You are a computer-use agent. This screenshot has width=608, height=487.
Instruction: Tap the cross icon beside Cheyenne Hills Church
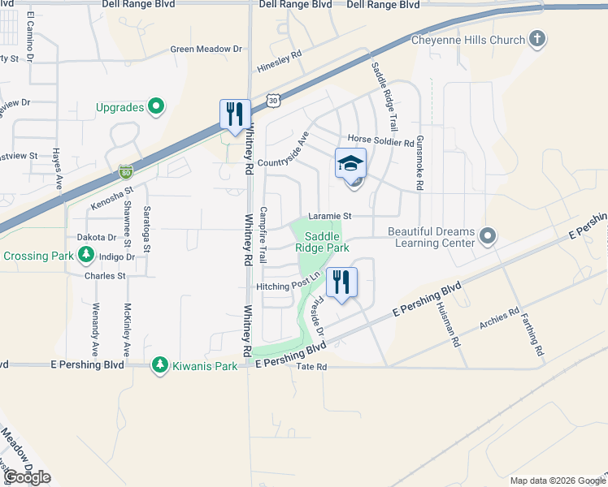[536, 39]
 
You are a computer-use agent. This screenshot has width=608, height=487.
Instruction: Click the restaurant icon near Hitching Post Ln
[342, 283]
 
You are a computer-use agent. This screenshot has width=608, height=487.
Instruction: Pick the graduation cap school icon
[351, 164]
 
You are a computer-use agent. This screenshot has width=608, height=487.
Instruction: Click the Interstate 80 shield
[125, 171]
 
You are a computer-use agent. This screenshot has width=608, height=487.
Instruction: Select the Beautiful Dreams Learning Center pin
[488, 236]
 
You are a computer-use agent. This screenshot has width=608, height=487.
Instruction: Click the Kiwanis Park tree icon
[160, 366]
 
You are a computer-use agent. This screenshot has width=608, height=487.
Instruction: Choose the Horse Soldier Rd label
[381, 140]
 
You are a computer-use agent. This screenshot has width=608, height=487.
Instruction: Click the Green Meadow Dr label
[206, 49]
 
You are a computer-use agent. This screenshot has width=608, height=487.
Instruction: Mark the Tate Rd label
[311, 367]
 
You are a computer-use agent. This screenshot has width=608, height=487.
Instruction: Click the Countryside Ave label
[284, 149]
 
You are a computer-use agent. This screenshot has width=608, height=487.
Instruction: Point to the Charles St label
[106, 276]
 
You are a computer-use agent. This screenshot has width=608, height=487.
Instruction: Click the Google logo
[28, 477]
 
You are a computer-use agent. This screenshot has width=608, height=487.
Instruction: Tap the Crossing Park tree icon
[86, 256]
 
